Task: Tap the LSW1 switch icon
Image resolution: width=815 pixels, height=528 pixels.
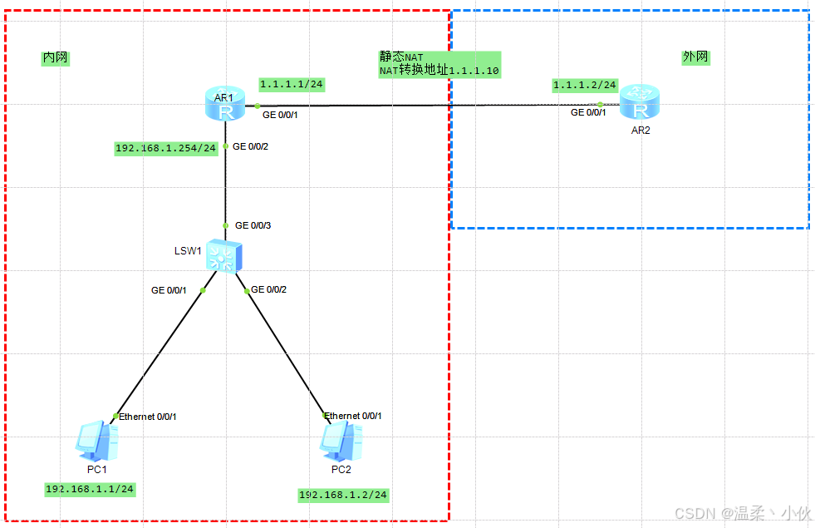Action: coord(224,255)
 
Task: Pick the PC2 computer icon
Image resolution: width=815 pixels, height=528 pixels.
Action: coord(341,442)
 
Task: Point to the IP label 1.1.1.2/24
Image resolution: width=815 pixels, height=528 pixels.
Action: coord(585,85)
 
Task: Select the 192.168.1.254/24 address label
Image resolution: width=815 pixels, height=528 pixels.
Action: coord(166,148)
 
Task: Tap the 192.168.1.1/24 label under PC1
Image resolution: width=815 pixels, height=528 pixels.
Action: coord(90,489)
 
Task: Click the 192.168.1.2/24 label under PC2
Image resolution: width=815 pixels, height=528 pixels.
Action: coord(343,495)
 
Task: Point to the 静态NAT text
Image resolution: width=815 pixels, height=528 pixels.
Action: coord(401,57)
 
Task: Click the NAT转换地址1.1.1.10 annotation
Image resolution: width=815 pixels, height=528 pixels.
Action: coord(439,71)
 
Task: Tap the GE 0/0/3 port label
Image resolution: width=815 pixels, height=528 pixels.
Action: coord(254,225)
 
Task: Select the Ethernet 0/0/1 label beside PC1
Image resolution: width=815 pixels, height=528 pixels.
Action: coord(148,417)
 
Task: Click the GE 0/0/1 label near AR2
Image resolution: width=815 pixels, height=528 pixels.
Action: coord(588,112)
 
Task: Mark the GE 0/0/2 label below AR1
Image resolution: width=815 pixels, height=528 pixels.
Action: coord(250,146)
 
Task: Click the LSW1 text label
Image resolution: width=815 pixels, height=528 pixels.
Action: coord(188,250)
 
